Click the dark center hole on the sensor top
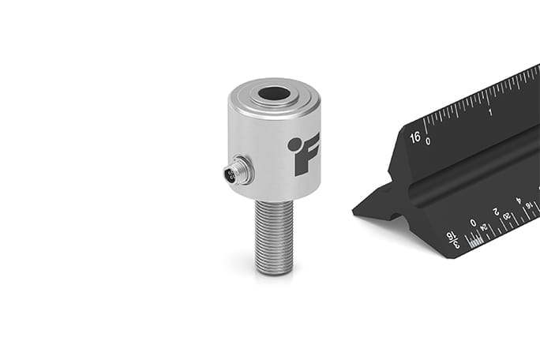[x=273, y=93]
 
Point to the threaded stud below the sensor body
[x=274, y=233]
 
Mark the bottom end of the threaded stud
[x=274, y=270]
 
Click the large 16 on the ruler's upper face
[x=415, y=137]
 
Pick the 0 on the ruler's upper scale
[x=428, y=142]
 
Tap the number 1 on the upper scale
[x=491, y=112]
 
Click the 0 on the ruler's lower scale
[x=474, y=223]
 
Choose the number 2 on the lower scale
[x=496, y=212]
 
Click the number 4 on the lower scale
[x=519, y=201]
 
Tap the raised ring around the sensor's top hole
[x=274, y=102]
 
